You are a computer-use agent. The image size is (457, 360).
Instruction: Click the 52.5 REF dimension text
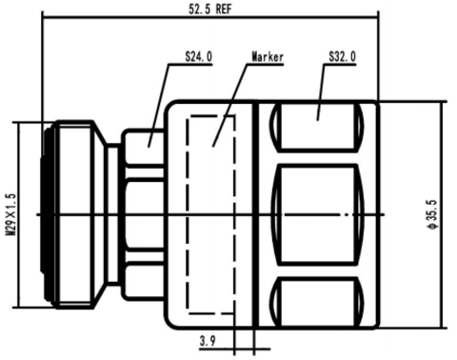click(210, 9)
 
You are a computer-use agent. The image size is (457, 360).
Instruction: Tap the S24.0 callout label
click(199, 57)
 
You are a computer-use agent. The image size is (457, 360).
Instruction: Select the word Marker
click(268, 57)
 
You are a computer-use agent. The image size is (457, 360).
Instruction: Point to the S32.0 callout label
click(342, 57)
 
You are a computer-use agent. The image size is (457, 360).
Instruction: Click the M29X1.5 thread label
click(11, 214)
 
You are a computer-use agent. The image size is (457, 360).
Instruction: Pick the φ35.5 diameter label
click(432, 214)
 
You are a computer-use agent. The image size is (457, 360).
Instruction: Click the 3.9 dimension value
click(208, 341)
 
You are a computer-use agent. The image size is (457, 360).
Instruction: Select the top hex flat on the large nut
click(317, 126)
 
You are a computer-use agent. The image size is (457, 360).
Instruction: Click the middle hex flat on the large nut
click(318, 214)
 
